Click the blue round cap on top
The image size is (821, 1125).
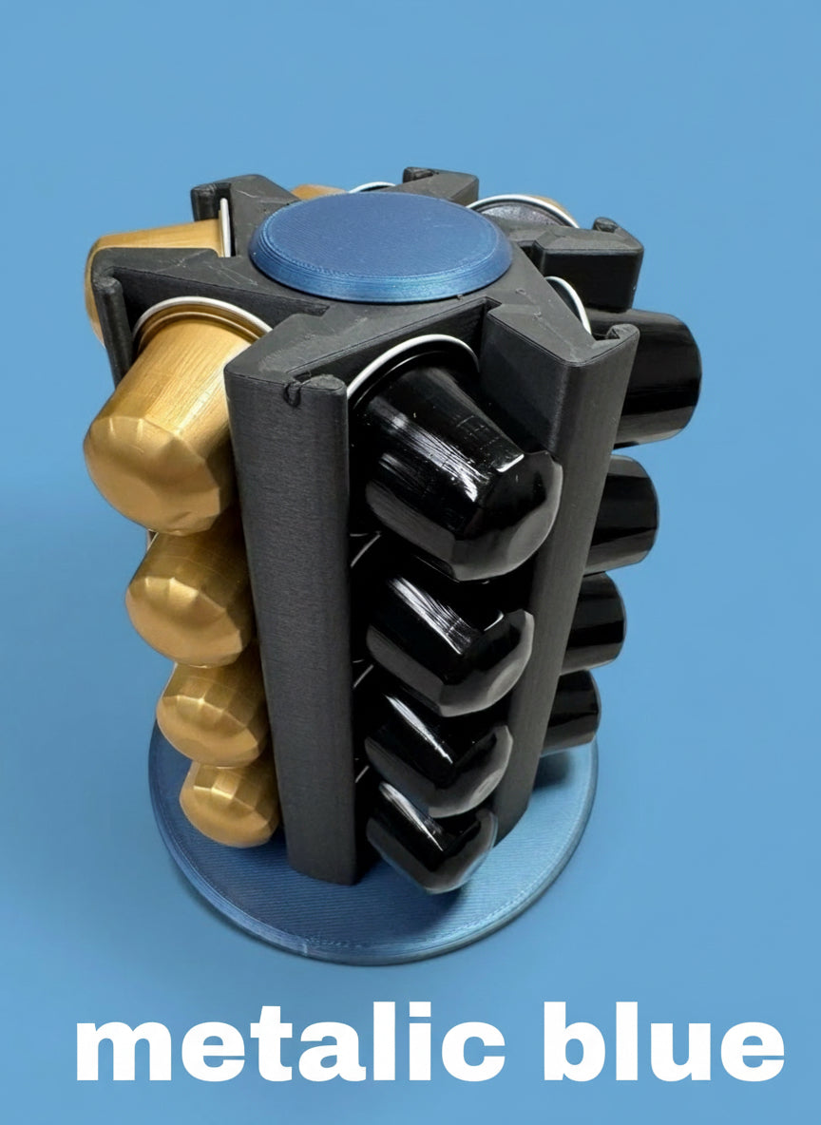pos(380,245)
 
